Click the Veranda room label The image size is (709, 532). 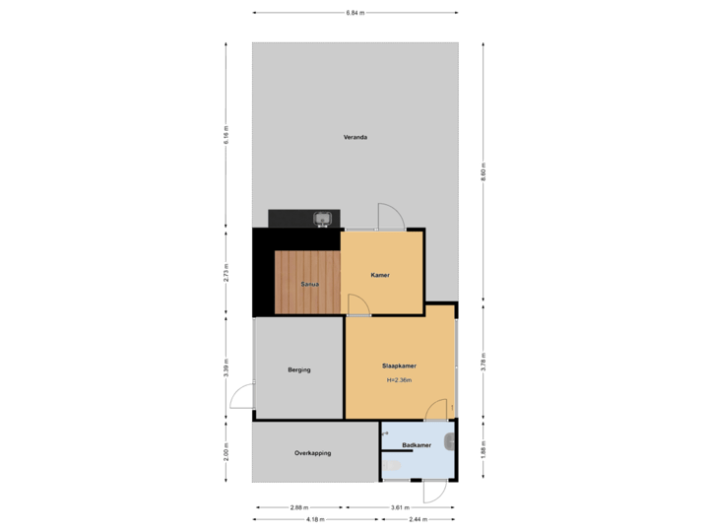(x=354, y=137)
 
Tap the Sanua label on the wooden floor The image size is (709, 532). (x=309, y=284)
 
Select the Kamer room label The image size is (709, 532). (x=380, y=275)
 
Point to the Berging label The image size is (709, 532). (x=299, y=369)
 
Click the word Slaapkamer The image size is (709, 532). (x=399, y=366)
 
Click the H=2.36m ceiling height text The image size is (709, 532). (x=399, y=379)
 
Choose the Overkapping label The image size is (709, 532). (x=312, y=453)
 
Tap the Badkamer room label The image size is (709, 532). (x=416, y=445)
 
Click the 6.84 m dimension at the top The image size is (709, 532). (x=354, y=13)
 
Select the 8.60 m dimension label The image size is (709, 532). (x=483, y=169)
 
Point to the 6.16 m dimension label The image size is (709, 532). (x=226, y=134)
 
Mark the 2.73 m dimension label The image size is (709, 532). (x=226, y=272)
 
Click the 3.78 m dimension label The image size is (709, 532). (x=483, y=362)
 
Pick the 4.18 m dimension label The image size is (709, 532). (x=315, y=519)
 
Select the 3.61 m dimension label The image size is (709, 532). (x=399, y=508)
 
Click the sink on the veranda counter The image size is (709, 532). (x=321, y=219)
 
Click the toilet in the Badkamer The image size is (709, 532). (x=450, y=441)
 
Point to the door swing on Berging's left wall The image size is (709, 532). (x=239, y=397)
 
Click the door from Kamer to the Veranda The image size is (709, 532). (x=388, y=218)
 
